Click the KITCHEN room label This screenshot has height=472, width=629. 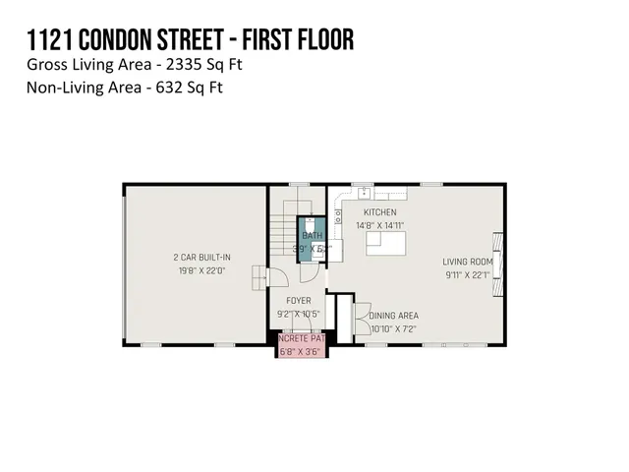click(379, 212)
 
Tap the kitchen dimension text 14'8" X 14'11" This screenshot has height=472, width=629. click(379, 225)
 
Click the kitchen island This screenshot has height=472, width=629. click(387, 244)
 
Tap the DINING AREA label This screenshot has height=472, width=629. click(394, 316)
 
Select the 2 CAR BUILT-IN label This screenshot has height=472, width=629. click(195, 258)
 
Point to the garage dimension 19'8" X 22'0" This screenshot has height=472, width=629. click(195, 270)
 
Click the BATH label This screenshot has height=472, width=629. click(312, 235)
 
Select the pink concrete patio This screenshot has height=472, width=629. click(301, 346)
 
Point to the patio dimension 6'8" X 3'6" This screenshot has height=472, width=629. click(300, 351)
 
